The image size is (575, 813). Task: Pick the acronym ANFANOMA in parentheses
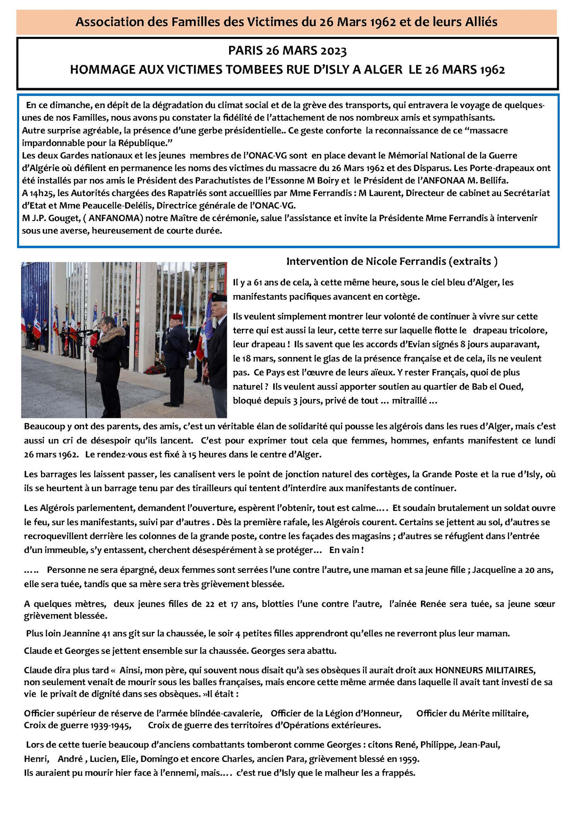116,218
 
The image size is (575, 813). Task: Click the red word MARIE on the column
137,339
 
